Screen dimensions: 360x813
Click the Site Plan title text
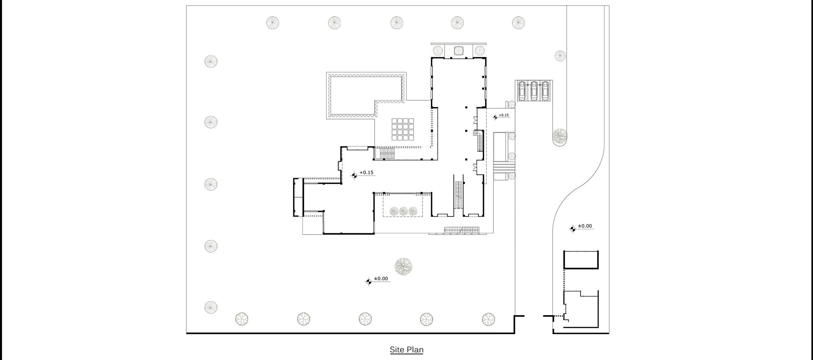click(x=406, y=350)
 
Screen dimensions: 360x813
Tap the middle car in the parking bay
click(x=534, y=91)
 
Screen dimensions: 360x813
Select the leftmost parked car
click(x=522, y=91)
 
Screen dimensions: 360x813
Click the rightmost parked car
click(x=545, y=91)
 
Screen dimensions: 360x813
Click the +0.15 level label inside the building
click(x=366, y=173)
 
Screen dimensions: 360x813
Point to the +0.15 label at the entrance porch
click(x=503, y=115)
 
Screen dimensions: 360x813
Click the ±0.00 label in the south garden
click(x=381, y=279)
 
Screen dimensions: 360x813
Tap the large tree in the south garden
click(x=403, y=266)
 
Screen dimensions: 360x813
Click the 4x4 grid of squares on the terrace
click(x=403, y=129)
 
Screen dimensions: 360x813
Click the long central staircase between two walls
click(x=458, y=195)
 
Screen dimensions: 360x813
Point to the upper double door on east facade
click(x=476, y=120)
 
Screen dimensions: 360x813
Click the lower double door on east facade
click(x=476, y=166)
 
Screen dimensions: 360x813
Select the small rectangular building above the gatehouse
click(x=581, y=260)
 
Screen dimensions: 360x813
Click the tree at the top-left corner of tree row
click(x=273, y=22)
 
